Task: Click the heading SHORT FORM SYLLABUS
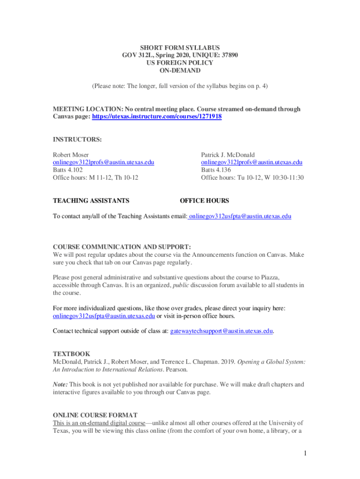(180, 48)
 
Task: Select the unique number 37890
(228, 55)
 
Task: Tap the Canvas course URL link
(157, 116)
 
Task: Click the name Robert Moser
(71, 155)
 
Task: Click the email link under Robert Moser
(103, 162)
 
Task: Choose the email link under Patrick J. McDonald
(252, 162)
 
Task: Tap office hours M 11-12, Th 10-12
(95, 178)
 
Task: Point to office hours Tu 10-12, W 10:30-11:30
(252, 178)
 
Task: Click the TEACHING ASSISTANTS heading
(91, 201)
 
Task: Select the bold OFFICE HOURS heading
(204, 201)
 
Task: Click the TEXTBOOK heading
(71, 354)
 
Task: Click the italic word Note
(60, 385)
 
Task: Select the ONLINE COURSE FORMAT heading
(95, 415)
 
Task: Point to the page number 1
(304, 453)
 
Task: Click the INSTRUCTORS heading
(77, 139)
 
